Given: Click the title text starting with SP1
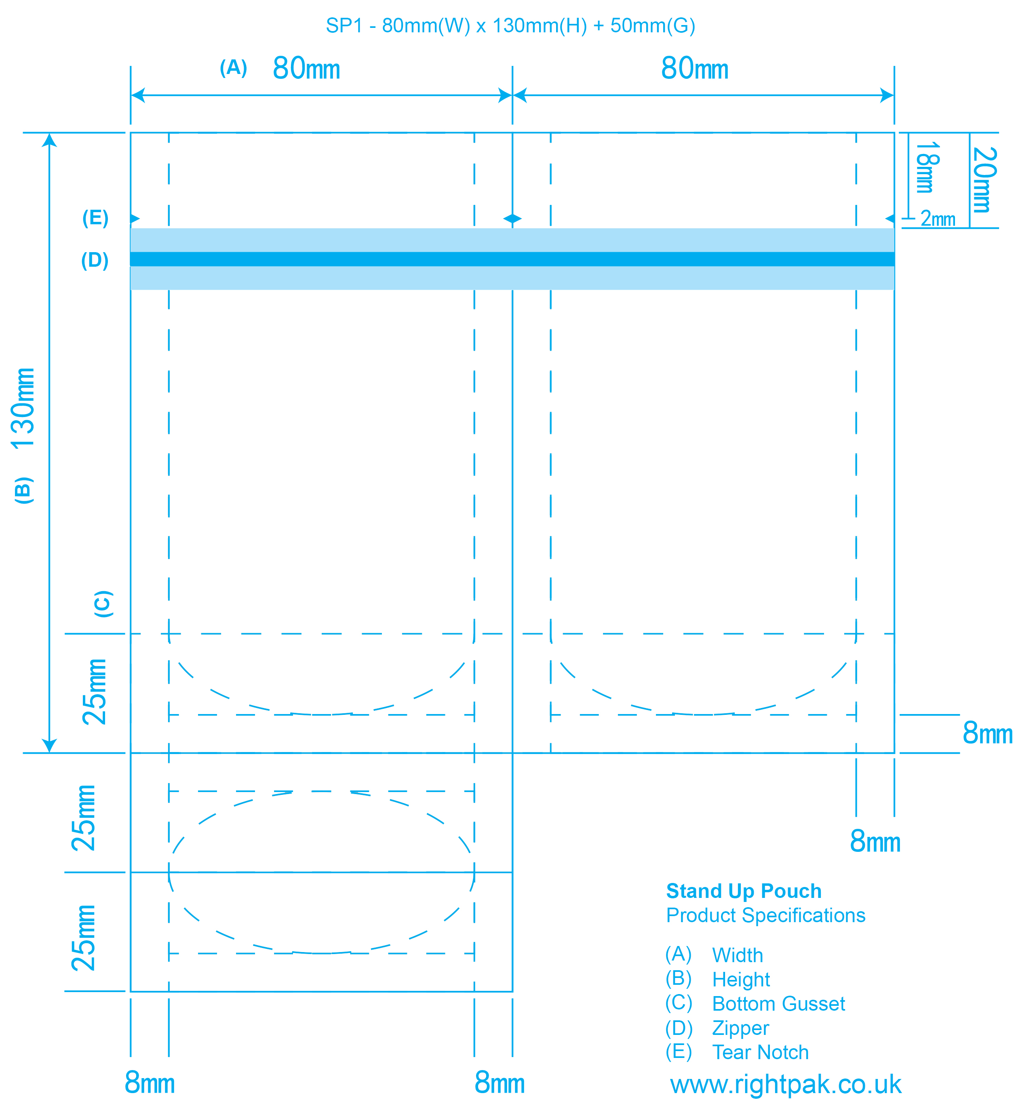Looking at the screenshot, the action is (x=510, y=25).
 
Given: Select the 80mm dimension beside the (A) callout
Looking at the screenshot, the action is (x=306, y=68).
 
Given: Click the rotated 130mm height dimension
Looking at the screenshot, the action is (x=23, y=408).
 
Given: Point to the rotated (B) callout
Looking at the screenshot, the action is (x=23, y=490).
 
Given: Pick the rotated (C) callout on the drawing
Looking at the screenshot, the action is (x=103, y=604).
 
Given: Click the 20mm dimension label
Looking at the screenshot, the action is (x=984, y=179).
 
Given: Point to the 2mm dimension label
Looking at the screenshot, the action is (x=938, y=218).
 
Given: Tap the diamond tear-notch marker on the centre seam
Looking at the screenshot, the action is (x=512, y=219).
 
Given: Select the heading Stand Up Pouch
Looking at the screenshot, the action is (x=744, y=891).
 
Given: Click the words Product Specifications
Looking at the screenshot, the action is (x=766, y=915).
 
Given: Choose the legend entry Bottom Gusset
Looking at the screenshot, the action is (x=778, y=1003).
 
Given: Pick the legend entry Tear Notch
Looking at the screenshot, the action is (x=760, y=1052).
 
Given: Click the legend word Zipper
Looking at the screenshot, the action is (x=740, y=1028).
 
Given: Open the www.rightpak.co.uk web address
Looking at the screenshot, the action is (x=786, y=1084).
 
